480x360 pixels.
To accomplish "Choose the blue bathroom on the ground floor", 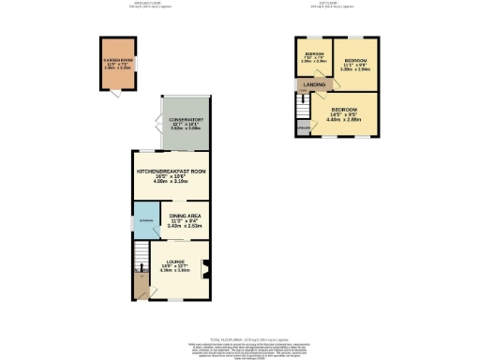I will [x=146, y=221].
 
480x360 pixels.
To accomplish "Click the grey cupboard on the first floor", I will [x=304, y=127].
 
